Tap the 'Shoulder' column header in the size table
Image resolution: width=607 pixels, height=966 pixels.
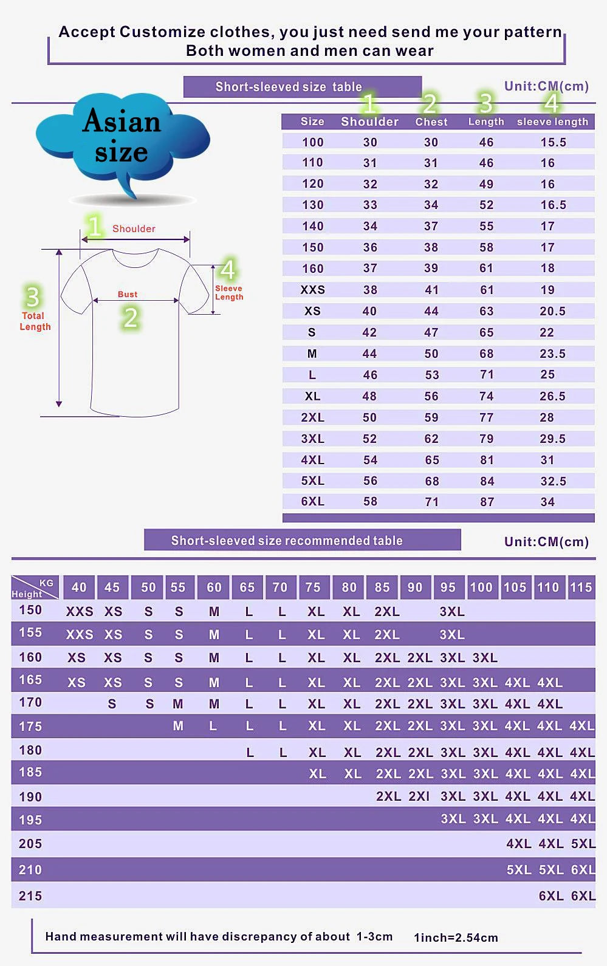tap(369, 122)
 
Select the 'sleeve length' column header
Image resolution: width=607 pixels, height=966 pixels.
tap(552, 122)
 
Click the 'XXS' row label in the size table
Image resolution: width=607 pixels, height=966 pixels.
tap(312, 290)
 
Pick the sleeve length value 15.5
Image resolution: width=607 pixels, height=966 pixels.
tap(553, 142)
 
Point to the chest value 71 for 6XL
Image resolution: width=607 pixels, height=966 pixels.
tap(431, 502)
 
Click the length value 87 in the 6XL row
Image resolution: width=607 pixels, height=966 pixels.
tap(487, 502)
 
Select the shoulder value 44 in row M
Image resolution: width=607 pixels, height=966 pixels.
tap(369, 354)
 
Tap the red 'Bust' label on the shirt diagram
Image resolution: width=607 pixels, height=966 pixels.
tap(128, 294)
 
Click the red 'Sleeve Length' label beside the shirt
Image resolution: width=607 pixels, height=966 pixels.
tap(229, 293)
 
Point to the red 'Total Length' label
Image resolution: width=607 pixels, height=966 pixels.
tap(35, 321)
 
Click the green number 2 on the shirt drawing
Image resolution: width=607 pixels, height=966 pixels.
tap(131, 318)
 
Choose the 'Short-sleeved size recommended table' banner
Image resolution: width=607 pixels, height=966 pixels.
tap(287, 541)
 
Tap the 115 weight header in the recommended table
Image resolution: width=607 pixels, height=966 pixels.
tap(581, 587)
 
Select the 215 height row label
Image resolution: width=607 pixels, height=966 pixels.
tap(30, 896)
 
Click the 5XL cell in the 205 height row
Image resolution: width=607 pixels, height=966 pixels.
tap(583, 844)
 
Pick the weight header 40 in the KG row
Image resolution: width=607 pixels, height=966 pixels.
tap(79, 587)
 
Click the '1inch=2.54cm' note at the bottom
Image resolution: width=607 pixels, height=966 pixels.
tap(456, 937)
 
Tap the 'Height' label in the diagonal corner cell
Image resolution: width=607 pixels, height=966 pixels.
tap(27, 594)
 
